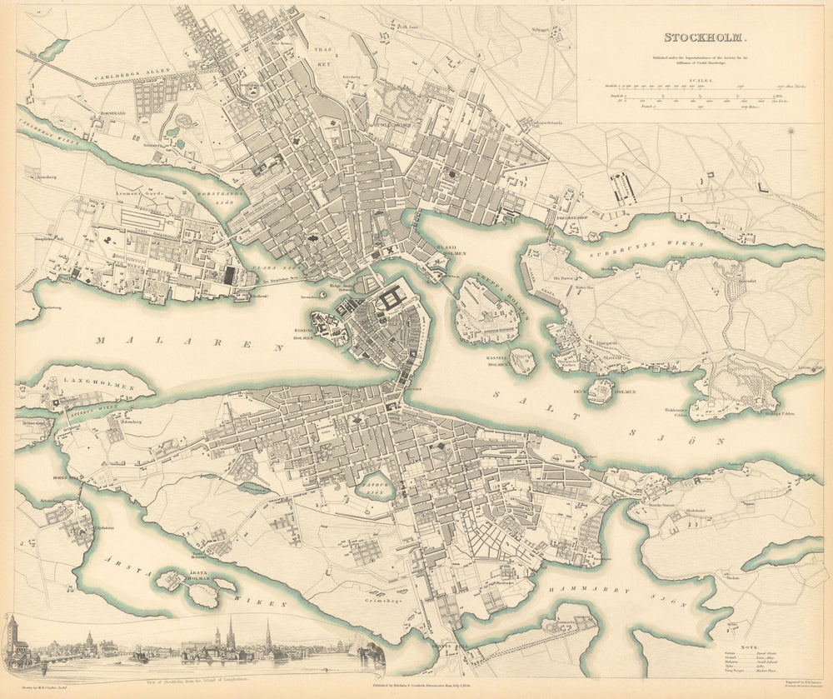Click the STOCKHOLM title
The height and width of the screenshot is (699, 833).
tap(706, 37)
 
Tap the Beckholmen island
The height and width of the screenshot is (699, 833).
tap(601, 390)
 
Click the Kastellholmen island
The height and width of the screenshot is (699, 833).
tap(522, 362)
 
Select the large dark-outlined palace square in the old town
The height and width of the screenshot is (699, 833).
tap(390, 300)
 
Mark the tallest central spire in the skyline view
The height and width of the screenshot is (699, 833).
tap(231, 635)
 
